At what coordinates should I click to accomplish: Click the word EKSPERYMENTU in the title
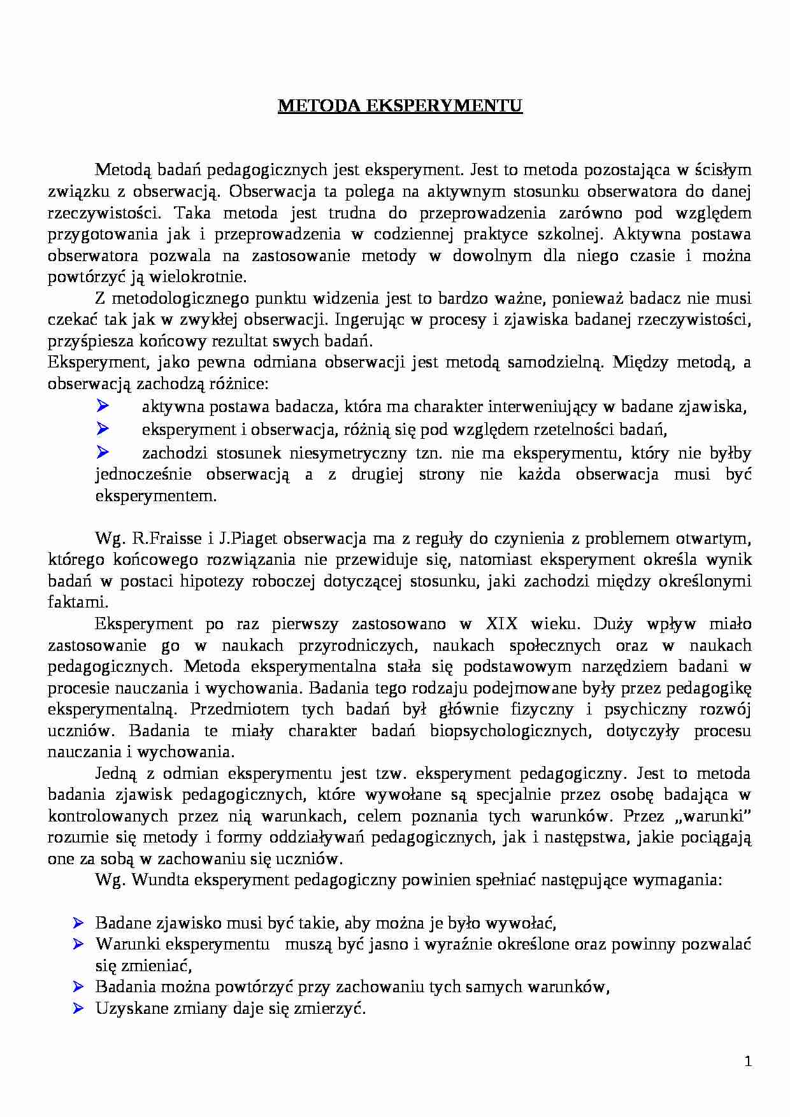(x=444, y=106)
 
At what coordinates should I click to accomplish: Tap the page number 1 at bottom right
(x=748, y=1062)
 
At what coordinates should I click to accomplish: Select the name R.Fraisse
(x=166, y=539)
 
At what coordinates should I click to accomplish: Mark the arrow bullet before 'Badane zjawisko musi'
(x=79, y=922)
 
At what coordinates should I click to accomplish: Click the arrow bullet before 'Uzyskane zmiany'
(x=79, y=1008)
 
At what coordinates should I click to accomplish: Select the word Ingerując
(x=371, y=320)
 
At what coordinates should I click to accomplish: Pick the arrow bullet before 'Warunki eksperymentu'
(x=79, y=943)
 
